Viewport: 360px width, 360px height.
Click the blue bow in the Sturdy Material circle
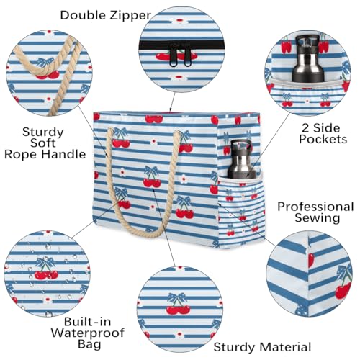[x=176, y=295]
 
